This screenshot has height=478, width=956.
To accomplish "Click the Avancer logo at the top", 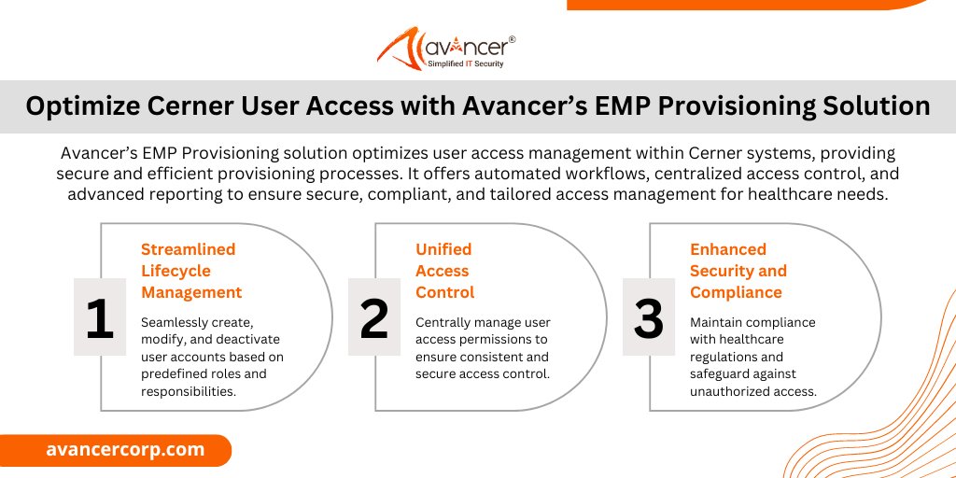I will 446,48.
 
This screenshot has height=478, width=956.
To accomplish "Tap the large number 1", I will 99,318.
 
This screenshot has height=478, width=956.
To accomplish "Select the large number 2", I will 373,318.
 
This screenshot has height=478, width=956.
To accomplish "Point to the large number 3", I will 648,318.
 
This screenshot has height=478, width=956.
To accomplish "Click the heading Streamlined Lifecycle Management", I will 191,271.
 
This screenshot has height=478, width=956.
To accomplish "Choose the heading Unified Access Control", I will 444,271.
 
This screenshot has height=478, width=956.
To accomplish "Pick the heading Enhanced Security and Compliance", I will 738,271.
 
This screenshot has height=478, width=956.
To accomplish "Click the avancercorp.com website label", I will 125,449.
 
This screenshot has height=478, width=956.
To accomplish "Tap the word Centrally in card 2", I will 444,322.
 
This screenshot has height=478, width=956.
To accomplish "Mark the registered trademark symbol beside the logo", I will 512,40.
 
